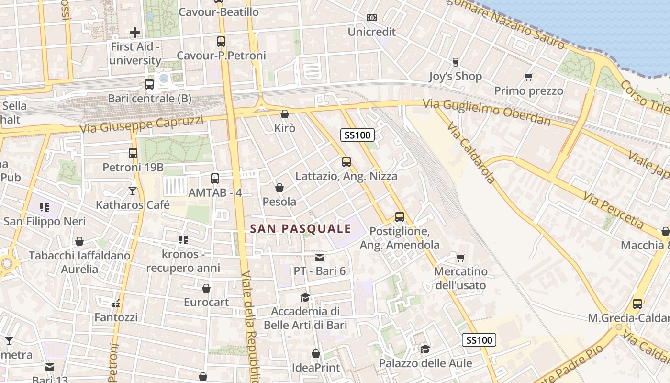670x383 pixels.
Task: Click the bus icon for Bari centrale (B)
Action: point(149,84)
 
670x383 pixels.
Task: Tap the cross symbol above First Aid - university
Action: point(135,33)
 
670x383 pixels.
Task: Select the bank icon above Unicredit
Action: point(372,18)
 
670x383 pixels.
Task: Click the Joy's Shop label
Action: point(455,76)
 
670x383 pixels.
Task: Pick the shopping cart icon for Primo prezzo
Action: point(529,77)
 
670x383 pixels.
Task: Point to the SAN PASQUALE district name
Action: point(301,229)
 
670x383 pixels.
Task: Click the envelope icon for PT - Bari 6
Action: point(320,258)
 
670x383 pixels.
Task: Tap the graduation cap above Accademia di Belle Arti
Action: point(305,298)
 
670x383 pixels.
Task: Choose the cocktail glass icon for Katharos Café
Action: point(133,191)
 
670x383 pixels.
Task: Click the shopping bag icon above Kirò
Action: point(285,114)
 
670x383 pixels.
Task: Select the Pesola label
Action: point(279,202)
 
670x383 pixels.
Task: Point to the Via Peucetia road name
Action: point(614,210)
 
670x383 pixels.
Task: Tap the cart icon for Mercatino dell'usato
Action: point(460,258)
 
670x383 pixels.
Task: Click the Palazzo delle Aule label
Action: point(425,363)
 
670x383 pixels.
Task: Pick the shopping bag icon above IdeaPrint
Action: point(316,354)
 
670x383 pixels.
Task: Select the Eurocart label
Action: point(206,302)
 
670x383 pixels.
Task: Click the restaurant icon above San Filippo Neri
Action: point(45,207)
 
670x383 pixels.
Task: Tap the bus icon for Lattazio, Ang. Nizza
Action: point(346,162)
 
